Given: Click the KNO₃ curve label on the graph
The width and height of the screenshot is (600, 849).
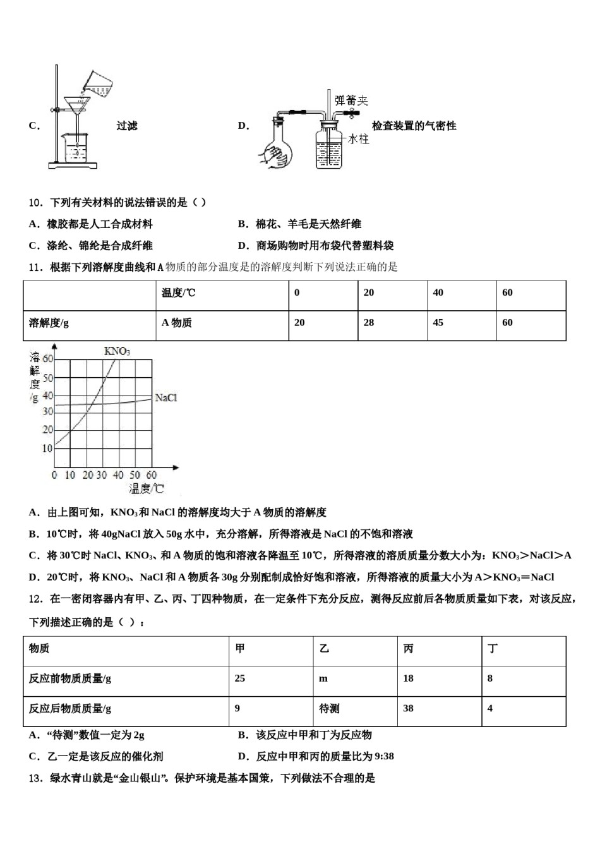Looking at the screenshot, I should coord(117,351).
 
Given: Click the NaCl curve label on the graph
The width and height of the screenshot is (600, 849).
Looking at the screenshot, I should coord(165,398).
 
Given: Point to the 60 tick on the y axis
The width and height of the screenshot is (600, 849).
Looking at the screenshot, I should coord(48,358).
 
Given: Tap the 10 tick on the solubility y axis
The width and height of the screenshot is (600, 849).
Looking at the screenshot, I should coord(47,449).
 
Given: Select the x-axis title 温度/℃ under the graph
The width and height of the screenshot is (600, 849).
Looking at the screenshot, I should coord(147,488).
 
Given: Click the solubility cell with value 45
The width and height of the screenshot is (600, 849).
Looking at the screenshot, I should coord(438,323).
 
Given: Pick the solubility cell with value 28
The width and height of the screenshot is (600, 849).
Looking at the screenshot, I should coord(369,323).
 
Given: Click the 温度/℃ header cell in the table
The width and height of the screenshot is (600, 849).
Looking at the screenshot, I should coord(179,292).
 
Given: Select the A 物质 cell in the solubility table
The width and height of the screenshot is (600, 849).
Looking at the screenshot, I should coord(177,323).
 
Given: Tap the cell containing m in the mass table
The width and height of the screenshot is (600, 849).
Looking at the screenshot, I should coord(323,678).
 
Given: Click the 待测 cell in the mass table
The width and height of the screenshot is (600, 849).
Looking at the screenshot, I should coord(329,709).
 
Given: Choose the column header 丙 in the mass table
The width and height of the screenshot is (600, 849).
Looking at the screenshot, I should coord(409,648).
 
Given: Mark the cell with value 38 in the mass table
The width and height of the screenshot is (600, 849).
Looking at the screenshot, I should coord(409,709).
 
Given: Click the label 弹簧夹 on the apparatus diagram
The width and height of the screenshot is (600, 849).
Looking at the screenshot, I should coord(351,100).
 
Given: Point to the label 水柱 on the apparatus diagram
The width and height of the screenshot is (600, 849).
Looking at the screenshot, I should coord(358,139).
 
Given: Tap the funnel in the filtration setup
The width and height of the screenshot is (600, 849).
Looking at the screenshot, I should coord(77,104).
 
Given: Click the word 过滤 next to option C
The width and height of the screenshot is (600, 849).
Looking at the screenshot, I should coord(127,126).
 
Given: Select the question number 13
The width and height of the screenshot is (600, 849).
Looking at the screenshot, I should coord(35,778).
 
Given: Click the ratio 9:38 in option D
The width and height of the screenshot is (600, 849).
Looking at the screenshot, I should coord(381,756).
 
